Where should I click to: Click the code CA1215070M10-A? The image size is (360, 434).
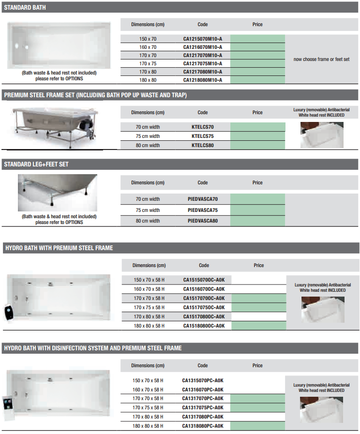point(203,39)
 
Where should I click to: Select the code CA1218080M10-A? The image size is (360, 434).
point(203,80)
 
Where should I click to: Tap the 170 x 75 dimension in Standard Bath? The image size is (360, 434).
point(148,63)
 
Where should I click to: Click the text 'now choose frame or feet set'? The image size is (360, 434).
point(321,59)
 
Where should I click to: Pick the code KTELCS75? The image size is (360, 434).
point(203,136)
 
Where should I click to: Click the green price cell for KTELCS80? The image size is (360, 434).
point(257,145)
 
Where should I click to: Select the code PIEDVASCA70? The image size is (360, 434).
point(203,199)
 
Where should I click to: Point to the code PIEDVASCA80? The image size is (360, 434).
point(203,221)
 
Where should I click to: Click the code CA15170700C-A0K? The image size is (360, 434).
point(204,298)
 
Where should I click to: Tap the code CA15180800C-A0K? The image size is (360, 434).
point(204,326)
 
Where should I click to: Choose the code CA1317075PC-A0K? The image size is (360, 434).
point(203,407)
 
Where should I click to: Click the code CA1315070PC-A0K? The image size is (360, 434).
point(203,380)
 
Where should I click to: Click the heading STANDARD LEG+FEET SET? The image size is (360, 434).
point(36,165)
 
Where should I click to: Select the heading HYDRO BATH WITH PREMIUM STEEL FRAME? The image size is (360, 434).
point(59,248)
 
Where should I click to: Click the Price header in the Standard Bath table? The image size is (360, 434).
point(257,24)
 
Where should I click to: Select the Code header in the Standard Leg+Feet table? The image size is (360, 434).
point(203,182)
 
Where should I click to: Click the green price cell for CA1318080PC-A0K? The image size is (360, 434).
point(257,426)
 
